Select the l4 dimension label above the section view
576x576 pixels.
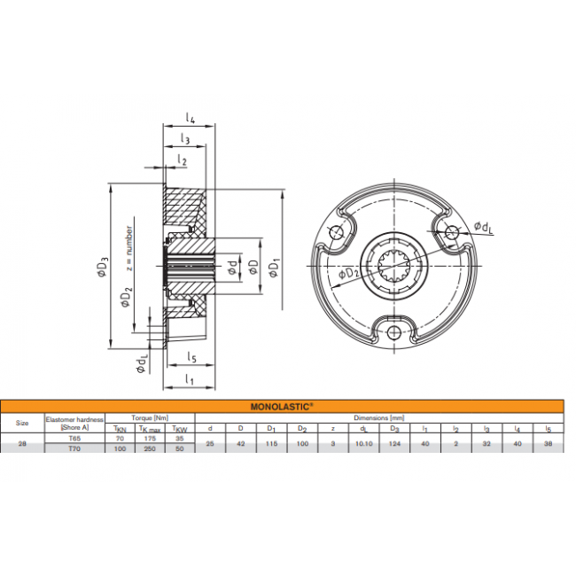(190, 116)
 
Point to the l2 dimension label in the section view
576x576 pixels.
(182, 160)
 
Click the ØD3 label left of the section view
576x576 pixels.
(103, 266)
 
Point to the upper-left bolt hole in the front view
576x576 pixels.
(337, 232)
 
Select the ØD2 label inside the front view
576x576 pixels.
(351, 273)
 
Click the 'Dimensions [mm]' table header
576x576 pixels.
(378, 417)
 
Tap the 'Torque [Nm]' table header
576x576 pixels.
(149, 417)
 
